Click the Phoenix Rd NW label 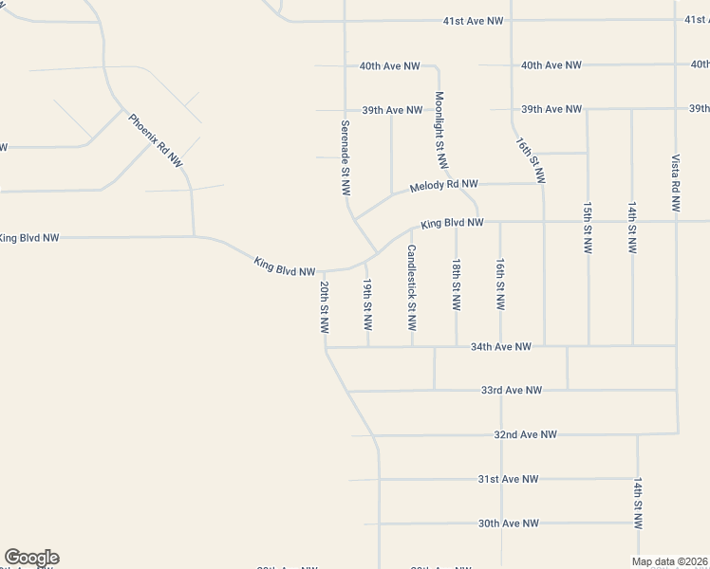pyautogui.click(x=155, y=140)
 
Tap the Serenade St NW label pyautogui.click(x=346, y=157)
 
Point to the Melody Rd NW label pyautogui.click(x=443, y=187)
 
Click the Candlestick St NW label pyautogui.click(x=412, y=288)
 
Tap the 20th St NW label pyautogui.click(x=324, y=306)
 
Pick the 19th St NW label pyautogui.click(x=367, y=304)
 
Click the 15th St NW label pyautogui.click(x=588, y=226)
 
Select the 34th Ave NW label pyautogui.click(x=500, y=347)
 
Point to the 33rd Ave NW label pyautogui.click(x=512, y=390)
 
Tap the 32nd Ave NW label pyautogui.click(x=525, y=434)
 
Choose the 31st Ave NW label pyautogui.click(x=508, y=479)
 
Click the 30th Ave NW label pyautogui.click(x=508, y=523)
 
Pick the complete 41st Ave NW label pyautogui.click(x=473, y=20)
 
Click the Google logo pyautogui.click(x=31, y=558)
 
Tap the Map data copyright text pyautogui.click(x=670, y=561)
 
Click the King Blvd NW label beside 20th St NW pyautogui.click(x=285, y=266)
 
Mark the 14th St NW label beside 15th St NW pyautogui.click(x=631, y=226)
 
